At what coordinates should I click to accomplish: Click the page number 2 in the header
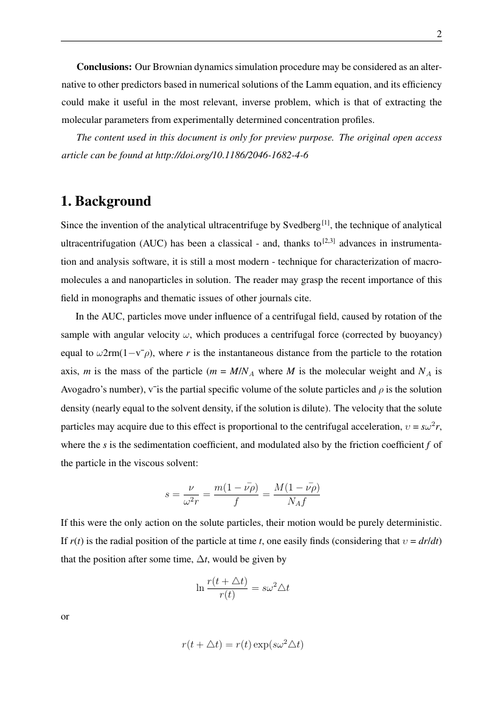click(439, 34)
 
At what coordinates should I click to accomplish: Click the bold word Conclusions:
click(104, 66)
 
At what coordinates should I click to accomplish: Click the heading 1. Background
click(106, 201)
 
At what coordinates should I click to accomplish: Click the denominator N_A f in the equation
click(297, 502)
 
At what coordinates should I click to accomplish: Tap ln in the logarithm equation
click(199, 588)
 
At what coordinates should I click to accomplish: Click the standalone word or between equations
click(65, 616)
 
